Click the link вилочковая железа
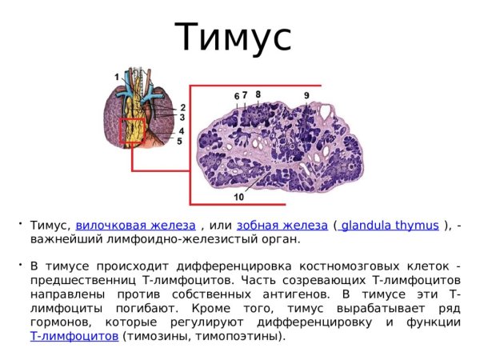[x=135, y=225]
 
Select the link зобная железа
[x=282, y=225]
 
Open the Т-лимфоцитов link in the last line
[x=74, y=337]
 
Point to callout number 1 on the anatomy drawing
[x=117, y=76]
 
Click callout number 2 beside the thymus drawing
[x=182, y=107]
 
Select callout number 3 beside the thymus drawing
[x=182, y=118]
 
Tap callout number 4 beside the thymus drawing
[x=182, y=131]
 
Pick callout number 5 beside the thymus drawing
[x=179, y=141]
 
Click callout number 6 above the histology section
[x=237, y=96]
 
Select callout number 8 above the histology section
[x=258, y=94]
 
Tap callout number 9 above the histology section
[x=306, y=96]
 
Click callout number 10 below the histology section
[x=239, y=196]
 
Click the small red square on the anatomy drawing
[x=133, y=131]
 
